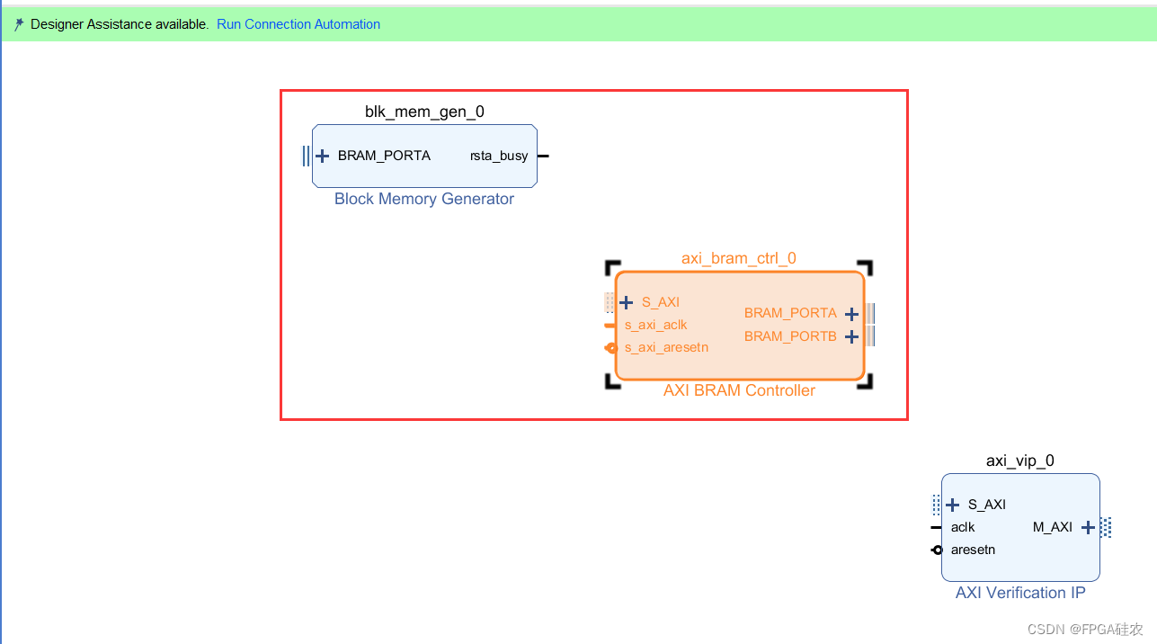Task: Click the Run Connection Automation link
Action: click(x=298, y=24)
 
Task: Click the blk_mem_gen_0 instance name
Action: click(x=424, y=112)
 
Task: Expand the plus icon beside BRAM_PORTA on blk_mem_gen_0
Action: click(x=323, y=156)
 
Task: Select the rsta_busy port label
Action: click(x=499, y=156)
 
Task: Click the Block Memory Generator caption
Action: click(x=424, y=199)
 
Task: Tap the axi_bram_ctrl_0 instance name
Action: click(x=739, y=258)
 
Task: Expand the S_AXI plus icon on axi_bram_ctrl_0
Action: click(x=627, y=302)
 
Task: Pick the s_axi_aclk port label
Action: click(x=656, y=325)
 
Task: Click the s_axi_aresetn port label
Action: click(x=667, y=347)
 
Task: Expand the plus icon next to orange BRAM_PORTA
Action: click(x=852, y=314)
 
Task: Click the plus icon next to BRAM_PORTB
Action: click(x=852, y=336)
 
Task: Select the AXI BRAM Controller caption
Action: click(x=739, y=390)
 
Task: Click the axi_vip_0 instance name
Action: click(x=1020, y=461)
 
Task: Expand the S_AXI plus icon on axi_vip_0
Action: click(x=953, y=505)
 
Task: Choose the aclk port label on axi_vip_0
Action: click(x=963, y=527)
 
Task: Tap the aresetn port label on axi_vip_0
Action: click(x=973, y=550)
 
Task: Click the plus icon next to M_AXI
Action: click(x=1088, y=527)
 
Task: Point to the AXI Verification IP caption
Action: click(x=1020, y=593)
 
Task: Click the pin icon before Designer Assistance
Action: click(x=19, y=25)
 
